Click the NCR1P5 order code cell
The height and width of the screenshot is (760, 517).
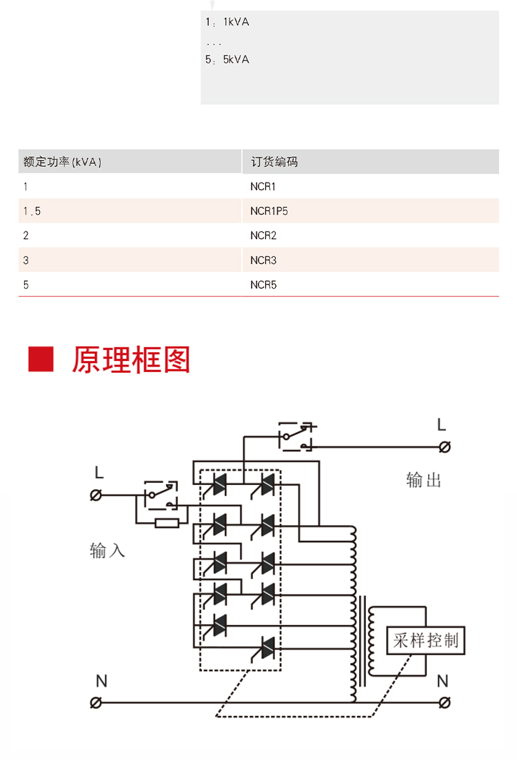pyautogui.click(x=370, y=211)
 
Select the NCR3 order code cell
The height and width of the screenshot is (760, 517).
pyautogui.click(x=370, y=260)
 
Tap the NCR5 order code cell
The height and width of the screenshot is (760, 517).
pyautogui.click(x=370, y=285)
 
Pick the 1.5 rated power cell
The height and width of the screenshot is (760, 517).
pyautogui.click(x=130, y=211)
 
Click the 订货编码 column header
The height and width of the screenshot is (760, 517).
pyautogui.click(x=370, y=161)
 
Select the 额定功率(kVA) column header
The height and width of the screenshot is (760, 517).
pyautogui.click(x=130, y=161)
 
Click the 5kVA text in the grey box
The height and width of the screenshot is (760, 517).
pyautogui.click(x=236, y=60)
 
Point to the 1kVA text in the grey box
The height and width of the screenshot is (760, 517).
pyautogui.click(x=236, y=22)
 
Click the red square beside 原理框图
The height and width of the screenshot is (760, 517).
pyautogui.click(x=41, y=359)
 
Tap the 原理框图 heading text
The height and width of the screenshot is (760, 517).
pyautogui.click(x=131, y=360)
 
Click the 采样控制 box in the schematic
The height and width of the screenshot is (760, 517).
pyautogui.click(x=425, y=640)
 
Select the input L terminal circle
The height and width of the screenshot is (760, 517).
pyautogui.click(x=96, y=495)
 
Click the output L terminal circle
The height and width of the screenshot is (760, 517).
pyautogui.click(x=444, y=447)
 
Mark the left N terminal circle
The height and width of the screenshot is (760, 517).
pyautogui.click(x=96, y=702)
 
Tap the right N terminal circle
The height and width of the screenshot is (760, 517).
pyautogui.click(x=444, y=702)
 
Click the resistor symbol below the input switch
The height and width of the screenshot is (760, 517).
pyautogui.click(x=167, y=523)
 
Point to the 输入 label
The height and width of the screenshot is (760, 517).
pyautogui.click(x=107, y=551)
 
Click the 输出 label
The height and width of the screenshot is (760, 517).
pyautogui.click(x=424, y=480)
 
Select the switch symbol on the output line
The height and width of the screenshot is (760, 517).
pyautogui.click(x=297, y=436)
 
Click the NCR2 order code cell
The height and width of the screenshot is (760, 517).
pyautogui.click(x=370, y=235)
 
